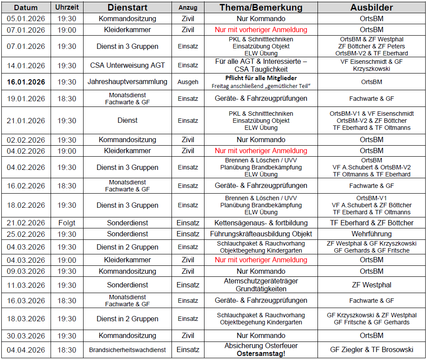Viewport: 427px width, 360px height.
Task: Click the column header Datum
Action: [26, 8]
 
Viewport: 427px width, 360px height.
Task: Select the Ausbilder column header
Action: [372, 7]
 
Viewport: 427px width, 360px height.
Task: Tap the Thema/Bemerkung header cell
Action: [261, 7]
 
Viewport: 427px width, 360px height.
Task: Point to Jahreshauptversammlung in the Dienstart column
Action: [128, 82]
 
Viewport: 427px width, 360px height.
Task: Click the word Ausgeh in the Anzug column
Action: [188, 82]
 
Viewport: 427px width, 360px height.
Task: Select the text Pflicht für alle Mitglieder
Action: [261, 78]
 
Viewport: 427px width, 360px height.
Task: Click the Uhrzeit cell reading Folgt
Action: [66, 223]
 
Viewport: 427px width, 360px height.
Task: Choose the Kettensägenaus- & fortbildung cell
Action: [261, 223]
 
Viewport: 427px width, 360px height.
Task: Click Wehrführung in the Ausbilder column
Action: [372, 234]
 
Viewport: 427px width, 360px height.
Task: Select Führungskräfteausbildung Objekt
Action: [261, 234]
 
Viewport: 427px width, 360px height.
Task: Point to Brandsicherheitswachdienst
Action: [128, 350]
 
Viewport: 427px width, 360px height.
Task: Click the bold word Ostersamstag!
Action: [261, 354]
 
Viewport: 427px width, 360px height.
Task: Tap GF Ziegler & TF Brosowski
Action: [372, 350]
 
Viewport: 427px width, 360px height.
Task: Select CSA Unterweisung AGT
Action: [128, 66]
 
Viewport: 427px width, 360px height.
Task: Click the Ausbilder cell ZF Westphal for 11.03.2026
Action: [372, 285]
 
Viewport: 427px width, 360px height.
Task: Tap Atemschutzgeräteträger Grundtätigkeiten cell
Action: [261, 285]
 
